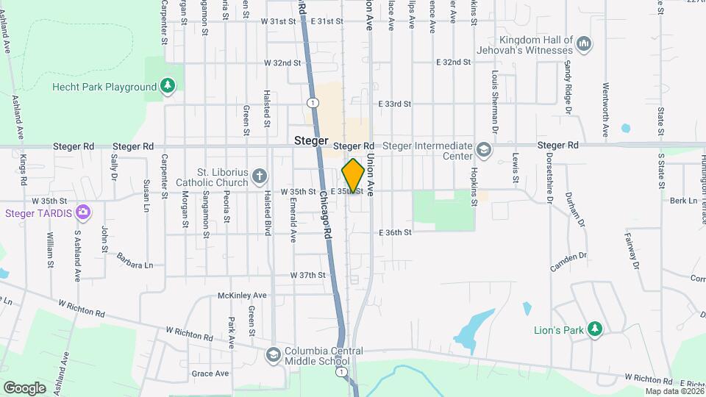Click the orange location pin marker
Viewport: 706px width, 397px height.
coord(354,176)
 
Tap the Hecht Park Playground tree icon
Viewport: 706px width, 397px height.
coord(168,87)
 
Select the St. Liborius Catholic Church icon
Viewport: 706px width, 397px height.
coord(258,176)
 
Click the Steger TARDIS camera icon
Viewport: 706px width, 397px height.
coord(83,213)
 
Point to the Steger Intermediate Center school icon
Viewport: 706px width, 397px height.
coord(484,151)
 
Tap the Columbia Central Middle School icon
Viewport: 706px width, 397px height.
coord(274,356)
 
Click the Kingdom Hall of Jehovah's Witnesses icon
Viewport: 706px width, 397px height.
coord(585,45)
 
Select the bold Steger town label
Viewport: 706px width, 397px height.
coord(310,140)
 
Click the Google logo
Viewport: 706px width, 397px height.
coord(24,387)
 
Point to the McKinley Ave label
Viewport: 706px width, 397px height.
coord(242,296)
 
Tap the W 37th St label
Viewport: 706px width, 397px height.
coord(307,275)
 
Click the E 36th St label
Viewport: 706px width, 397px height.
coord(395,232)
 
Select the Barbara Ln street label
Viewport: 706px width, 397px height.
coord(135,260)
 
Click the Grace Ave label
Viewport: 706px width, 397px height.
coord(210,373)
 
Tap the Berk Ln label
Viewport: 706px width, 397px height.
coord(682,200)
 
